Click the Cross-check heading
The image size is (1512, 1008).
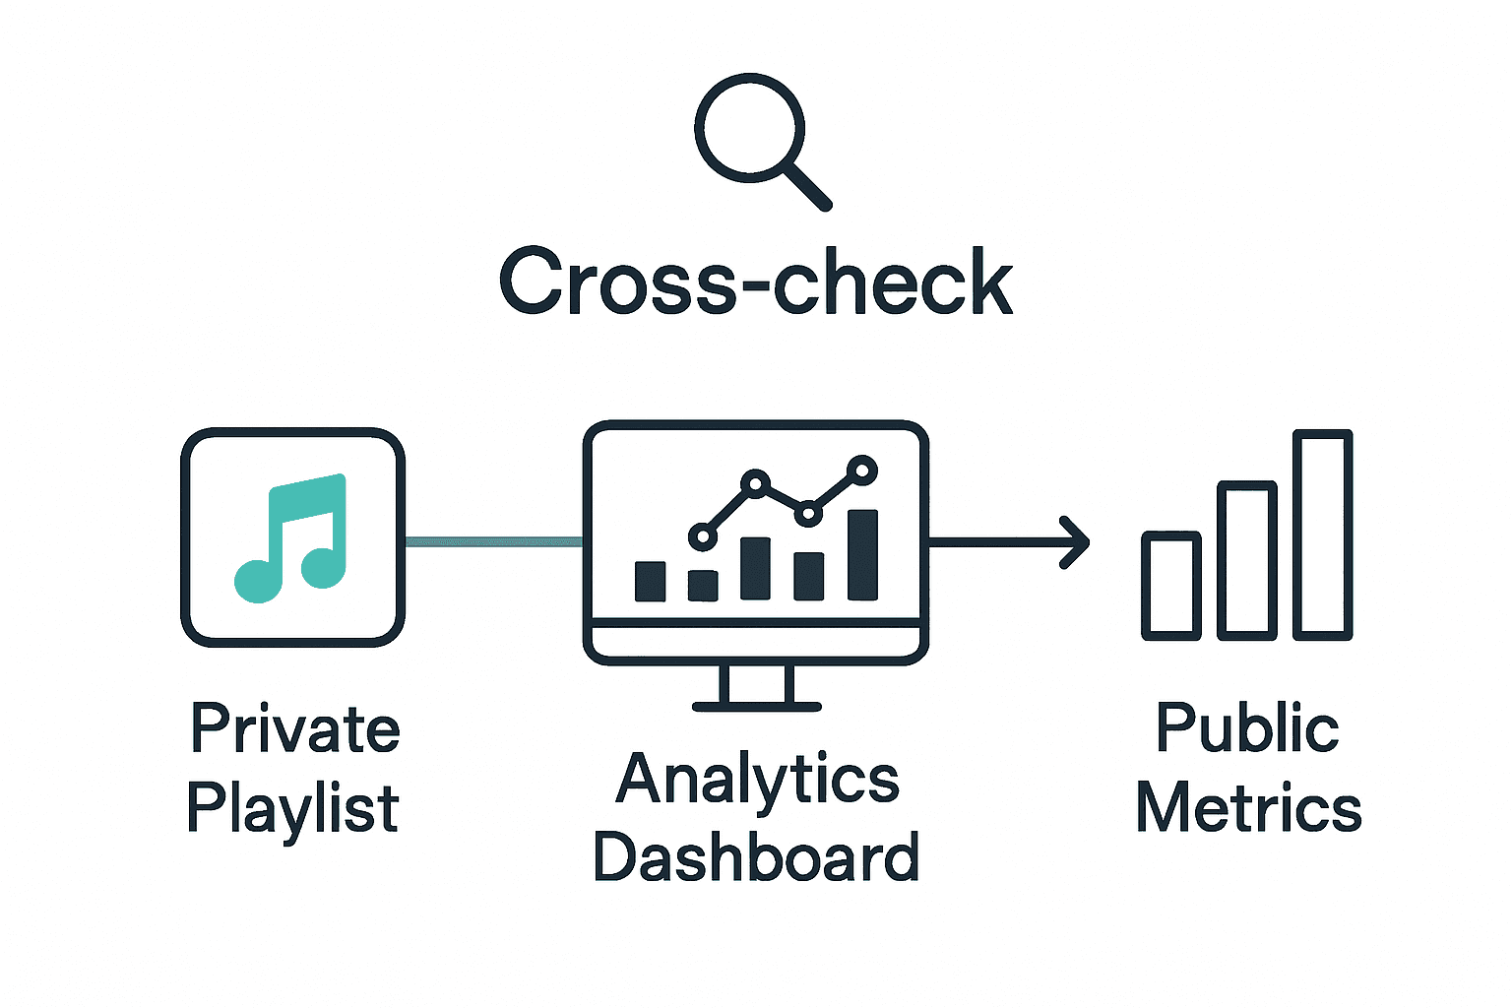click(756, 283)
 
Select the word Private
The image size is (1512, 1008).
click(294, 729)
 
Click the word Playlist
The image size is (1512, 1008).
click(292, 810)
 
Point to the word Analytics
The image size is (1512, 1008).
click(757, 780)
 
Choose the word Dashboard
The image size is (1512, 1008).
click(756, 857)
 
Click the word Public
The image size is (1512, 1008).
click(1247, 729)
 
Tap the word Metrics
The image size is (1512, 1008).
click(1248, 809)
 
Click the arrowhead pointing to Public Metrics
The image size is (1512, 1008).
click(1077, 541)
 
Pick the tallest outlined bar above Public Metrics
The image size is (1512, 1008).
click(1323, 535)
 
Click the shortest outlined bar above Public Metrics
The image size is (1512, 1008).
click(1171, 586)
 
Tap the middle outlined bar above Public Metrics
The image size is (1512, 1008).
click(1247, 560)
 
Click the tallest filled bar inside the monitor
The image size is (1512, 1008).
click(862, 554)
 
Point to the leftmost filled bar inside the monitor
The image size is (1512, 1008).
click(650, 581)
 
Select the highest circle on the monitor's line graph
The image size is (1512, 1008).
click(862, 471)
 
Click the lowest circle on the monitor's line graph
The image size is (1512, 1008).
click(702, 536)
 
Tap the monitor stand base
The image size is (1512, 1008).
click(756, 706)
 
